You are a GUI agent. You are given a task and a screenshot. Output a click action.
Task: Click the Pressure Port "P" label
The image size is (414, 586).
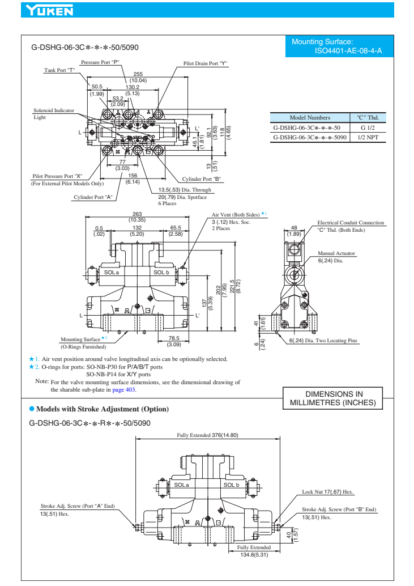100,62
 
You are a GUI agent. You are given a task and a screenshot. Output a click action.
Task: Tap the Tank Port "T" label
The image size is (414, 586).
60,70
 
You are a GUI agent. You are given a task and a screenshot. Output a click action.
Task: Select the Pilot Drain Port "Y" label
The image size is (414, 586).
205,63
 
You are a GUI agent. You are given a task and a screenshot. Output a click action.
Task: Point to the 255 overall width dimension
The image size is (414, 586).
138,74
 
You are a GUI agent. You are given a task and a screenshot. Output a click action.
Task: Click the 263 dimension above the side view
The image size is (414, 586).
136,213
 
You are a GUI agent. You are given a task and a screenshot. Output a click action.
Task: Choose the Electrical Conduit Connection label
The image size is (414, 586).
350,223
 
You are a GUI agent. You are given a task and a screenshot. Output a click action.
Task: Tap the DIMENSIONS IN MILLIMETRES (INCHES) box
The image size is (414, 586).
333,398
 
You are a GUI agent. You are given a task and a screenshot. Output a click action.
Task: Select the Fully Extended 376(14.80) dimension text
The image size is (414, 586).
207,435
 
